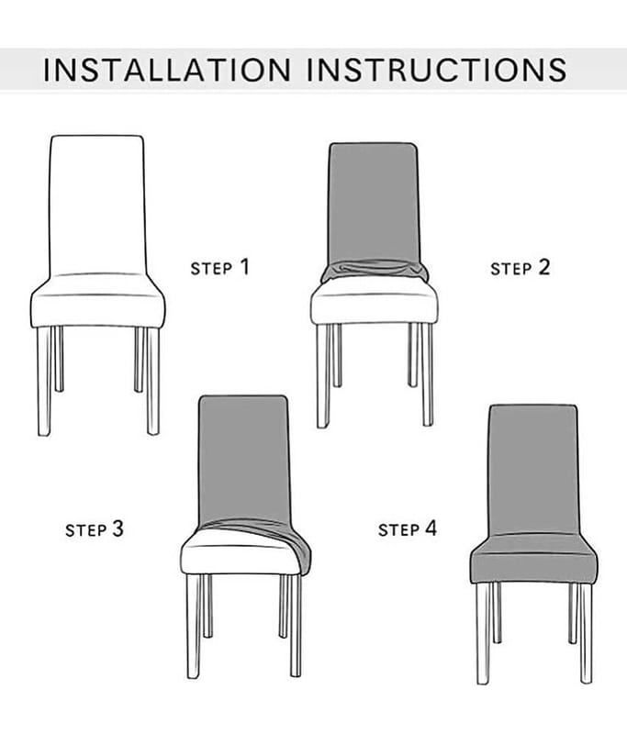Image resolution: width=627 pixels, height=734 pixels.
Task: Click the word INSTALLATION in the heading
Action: coord(167,70)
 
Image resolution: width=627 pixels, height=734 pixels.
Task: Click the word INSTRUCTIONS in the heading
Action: coord(436,70)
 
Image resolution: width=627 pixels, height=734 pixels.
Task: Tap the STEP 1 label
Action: coord(219,267)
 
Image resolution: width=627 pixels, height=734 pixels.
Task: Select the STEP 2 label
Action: coord(520,268)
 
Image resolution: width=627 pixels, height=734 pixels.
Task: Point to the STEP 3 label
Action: coord(95,529)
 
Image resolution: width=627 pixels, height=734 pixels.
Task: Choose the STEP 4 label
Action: coord(408,528)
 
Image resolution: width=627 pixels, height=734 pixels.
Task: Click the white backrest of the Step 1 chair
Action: coord(97,205)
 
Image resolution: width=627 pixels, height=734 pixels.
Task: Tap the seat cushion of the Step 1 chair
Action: coord(97,301)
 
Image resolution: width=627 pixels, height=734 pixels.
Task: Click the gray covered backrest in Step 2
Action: coord(373,202)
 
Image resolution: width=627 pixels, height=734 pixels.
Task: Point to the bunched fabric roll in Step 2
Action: coord(375,271)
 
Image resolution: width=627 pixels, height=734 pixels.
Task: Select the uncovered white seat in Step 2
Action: coord(375,304)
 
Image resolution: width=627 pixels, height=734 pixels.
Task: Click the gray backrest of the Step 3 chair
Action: coord(243,460)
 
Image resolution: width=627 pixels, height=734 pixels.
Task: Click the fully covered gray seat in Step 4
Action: coord(533,560)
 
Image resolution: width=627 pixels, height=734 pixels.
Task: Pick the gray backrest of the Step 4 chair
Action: coord(533,470)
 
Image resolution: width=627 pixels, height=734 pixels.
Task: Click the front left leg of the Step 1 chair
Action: coord(44,381)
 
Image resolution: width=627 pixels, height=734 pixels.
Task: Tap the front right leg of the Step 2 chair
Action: coord(427,374)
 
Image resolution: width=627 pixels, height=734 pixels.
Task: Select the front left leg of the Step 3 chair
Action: coord(194,626)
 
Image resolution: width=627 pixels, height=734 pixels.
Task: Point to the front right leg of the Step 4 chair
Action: coord(586,633)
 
